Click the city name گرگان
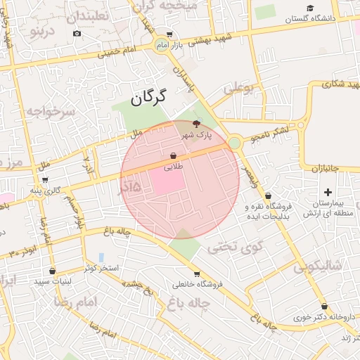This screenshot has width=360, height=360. (x=148, y=97)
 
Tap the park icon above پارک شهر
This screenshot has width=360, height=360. (x=205, y=124)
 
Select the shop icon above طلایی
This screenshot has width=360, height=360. (x=173, y=155)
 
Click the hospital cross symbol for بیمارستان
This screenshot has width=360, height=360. (x=328, y=192)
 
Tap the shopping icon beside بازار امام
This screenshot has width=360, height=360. (x=169, y=34)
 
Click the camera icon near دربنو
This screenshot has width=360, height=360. (x=77, y=34)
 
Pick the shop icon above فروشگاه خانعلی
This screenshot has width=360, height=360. (x=196, y=274)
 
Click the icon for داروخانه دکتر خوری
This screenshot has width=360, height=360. (x=324, y=307)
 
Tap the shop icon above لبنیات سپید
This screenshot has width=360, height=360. (x=52, y=271)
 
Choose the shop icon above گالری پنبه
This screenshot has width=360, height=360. (x=46, y=180)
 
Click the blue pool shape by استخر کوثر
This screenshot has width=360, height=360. (x=101, y=257)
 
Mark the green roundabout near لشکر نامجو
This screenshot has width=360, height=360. (x=233, y=143)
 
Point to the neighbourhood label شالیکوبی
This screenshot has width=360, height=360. (x=317, y=265)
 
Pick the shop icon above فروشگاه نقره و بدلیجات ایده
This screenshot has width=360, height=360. (x=268, y=196)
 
